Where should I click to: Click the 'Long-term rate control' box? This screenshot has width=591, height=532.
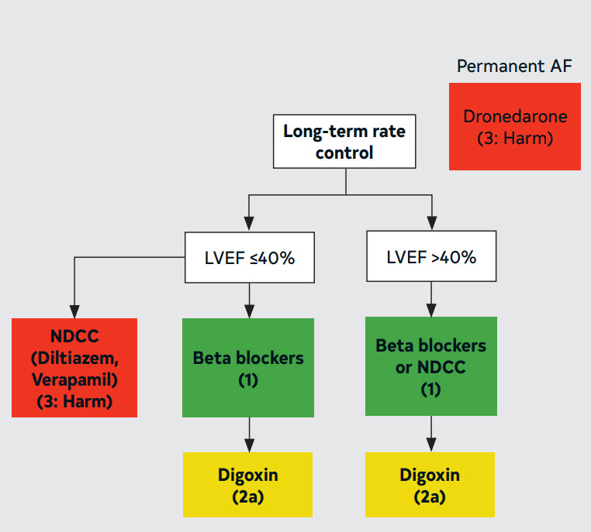[x=344, y=142]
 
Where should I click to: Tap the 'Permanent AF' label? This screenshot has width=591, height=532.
[x=514, y=67]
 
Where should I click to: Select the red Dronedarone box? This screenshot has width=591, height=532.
[x=515, y=126]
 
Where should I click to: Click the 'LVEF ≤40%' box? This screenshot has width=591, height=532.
[x=250, y=257]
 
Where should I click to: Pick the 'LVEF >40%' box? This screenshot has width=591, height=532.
[x=431, y=256]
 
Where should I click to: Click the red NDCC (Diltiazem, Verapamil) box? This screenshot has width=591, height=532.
[x=74, y=368]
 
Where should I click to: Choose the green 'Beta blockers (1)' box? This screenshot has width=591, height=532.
[x=248, y=368]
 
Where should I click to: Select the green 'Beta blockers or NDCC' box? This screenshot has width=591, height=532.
[x=431, y=366]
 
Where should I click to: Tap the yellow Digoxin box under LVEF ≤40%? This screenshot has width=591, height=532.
[x=247, y=485]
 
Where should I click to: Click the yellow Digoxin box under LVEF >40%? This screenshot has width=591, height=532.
[x=430, y=485]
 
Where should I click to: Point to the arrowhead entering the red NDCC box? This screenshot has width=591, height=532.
[x=74, y=312]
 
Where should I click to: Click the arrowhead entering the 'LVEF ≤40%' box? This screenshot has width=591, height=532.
[x=249, y=224]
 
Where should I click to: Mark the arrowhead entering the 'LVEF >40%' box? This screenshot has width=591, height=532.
[x=432, y=223]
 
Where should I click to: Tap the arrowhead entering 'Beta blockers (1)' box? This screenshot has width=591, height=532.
[x=249, y=311]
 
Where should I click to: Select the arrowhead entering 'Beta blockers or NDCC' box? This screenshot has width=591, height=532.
[x=431, y=310]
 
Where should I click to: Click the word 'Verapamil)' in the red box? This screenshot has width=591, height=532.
[x=74, y=380]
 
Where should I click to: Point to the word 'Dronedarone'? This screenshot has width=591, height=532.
[x=515, y=116]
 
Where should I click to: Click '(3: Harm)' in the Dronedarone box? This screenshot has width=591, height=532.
[x=515, y=139]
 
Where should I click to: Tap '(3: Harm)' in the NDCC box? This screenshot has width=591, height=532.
[x=74, y=402]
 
